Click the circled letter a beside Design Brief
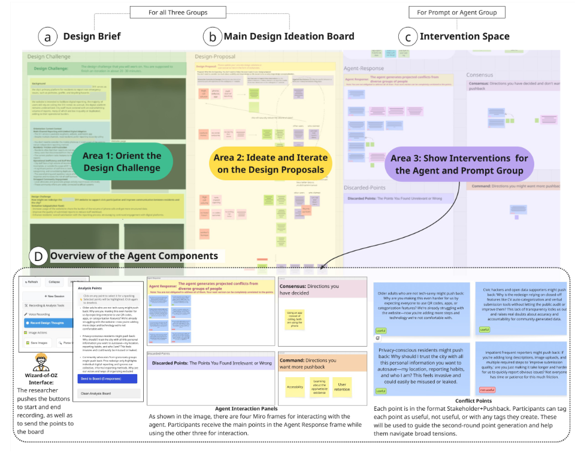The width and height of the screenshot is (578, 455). [x=48, y=37]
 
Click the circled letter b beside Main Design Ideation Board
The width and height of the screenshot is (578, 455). [x=213, y=37]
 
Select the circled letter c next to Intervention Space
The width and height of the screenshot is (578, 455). [x=408, y=37]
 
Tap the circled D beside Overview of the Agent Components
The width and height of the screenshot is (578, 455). [x=40, y=257]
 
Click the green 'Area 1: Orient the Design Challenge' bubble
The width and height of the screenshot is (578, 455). [x=122, y=162]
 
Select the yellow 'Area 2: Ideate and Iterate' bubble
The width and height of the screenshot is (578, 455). [x=270, y=163]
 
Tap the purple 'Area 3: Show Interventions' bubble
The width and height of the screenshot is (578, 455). [x=459, y=164]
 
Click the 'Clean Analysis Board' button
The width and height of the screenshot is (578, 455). [x=110, y=393]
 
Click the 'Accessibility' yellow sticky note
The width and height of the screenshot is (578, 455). [x=295, y=387]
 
